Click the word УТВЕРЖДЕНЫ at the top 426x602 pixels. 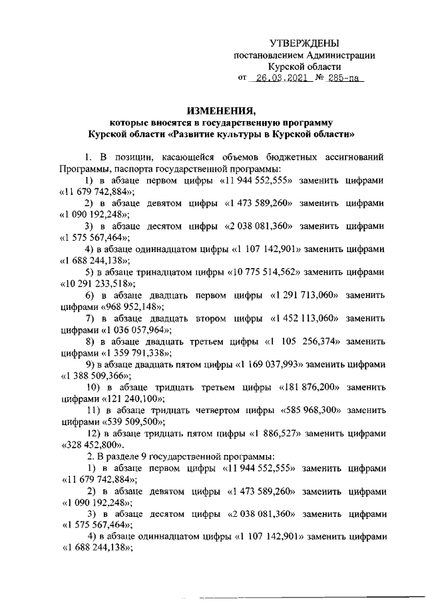coord(308,43)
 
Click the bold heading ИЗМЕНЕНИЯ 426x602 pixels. coord(221,110)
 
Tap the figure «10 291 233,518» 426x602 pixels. coord(100,283)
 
